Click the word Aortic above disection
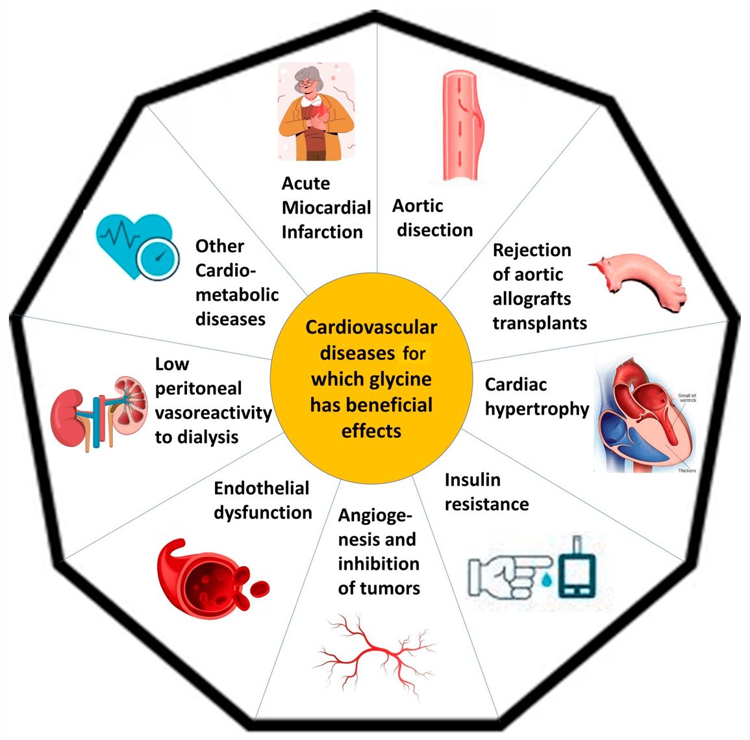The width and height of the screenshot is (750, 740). pyautogui.click(x=418, y=206)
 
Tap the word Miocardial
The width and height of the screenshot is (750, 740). pyautogui.click(x=327, y=207)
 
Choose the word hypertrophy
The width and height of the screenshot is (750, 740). pyautogui.click(x=537, y=409)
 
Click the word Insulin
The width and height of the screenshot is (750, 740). pyautogui.click(x=473, y=480)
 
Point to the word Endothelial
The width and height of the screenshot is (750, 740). pyautogui.click(x=262, y=489)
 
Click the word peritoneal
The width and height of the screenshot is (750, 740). pyautogui.click(x=199, y=389)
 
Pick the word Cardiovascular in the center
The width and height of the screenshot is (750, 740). pyautogui.click(x=371, y=327)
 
